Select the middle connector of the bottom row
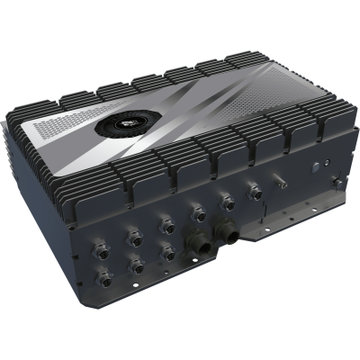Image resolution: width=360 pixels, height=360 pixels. (x=136, y=265)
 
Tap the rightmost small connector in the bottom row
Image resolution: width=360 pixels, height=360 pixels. (x=167, y=254)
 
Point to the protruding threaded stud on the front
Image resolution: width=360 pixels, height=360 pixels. (x=281, y=184)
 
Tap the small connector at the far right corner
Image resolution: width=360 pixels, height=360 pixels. (x=338, y=184)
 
